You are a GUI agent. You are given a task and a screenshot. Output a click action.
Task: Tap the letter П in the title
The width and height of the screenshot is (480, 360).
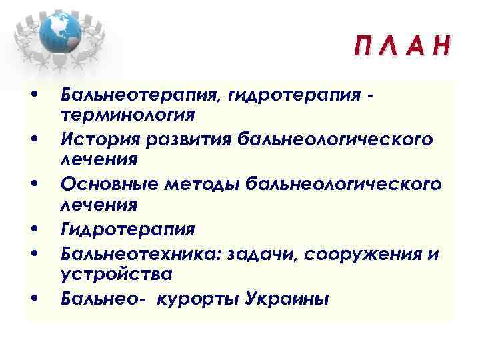click(x=365, y=47)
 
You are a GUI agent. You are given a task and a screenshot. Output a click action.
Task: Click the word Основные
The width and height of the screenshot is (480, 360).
click(x=103, y=184)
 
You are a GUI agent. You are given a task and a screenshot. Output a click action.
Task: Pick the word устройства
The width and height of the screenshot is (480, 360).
click(x=116, y=275)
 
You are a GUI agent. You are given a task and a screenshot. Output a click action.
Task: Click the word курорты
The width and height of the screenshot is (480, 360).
click(x=195, y=298)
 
